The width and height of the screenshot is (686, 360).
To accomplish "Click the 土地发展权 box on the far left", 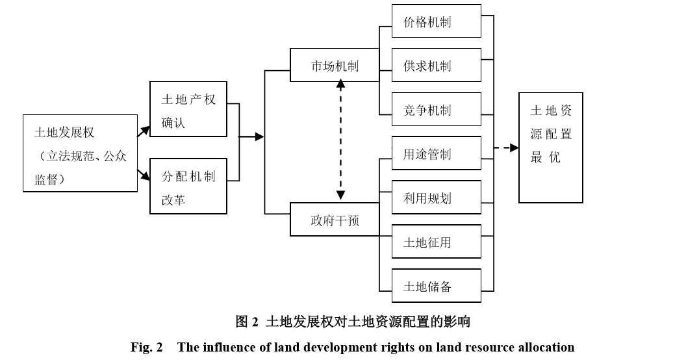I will click(80, 153).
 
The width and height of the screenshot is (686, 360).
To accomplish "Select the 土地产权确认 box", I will click(188, 109).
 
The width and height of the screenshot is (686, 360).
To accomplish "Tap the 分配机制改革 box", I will click(188, 186).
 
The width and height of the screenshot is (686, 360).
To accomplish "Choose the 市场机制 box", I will click(335, 65).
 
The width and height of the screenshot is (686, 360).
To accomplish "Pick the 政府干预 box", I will click(335, 220).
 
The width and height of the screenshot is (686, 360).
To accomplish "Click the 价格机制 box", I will click(437, 21).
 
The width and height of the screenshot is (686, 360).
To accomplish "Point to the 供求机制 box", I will click(437, 66).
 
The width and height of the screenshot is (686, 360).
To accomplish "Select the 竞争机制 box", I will click(437, 110).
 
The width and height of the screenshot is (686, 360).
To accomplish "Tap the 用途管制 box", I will click(437, 153).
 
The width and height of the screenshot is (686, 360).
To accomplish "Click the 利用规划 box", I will click(437, 198).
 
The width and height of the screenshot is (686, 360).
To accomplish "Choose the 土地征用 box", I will click(437, 242).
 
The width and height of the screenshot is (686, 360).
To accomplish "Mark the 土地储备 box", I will click(437, 286).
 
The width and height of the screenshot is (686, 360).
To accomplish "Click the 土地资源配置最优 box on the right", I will click(551, 148).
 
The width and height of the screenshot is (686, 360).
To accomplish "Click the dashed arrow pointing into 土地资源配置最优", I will click(507, 148).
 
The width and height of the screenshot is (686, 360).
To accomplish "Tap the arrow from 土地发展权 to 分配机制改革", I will click(144, 174).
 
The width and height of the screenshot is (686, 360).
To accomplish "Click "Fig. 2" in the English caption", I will click(146, 347).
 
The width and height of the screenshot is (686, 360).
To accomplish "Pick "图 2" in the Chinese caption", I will click(247, 321).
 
